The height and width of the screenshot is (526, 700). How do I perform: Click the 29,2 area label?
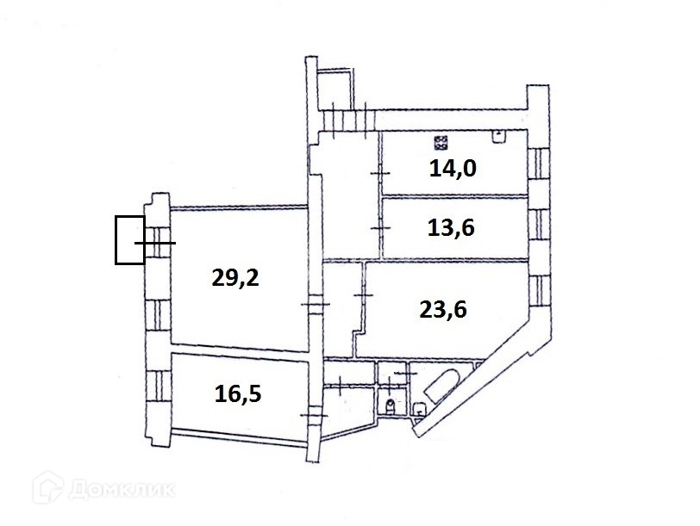point(235,277)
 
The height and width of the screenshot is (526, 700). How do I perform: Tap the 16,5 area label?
point(237,394)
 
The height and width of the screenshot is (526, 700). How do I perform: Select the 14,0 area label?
point(453,167)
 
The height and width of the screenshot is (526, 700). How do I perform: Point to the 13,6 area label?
point(452,228)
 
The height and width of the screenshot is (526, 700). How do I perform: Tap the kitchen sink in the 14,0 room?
point(498,135)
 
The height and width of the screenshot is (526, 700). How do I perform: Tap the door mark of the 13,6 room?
point(379,227)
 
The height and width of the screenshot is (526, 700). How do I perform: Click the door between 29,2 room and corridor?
point(314,305)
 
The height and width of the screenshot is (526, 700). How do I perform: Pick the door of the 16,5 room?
point(315,416)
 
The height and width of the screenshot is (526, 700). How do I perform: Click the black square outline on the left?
point(130,239)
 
